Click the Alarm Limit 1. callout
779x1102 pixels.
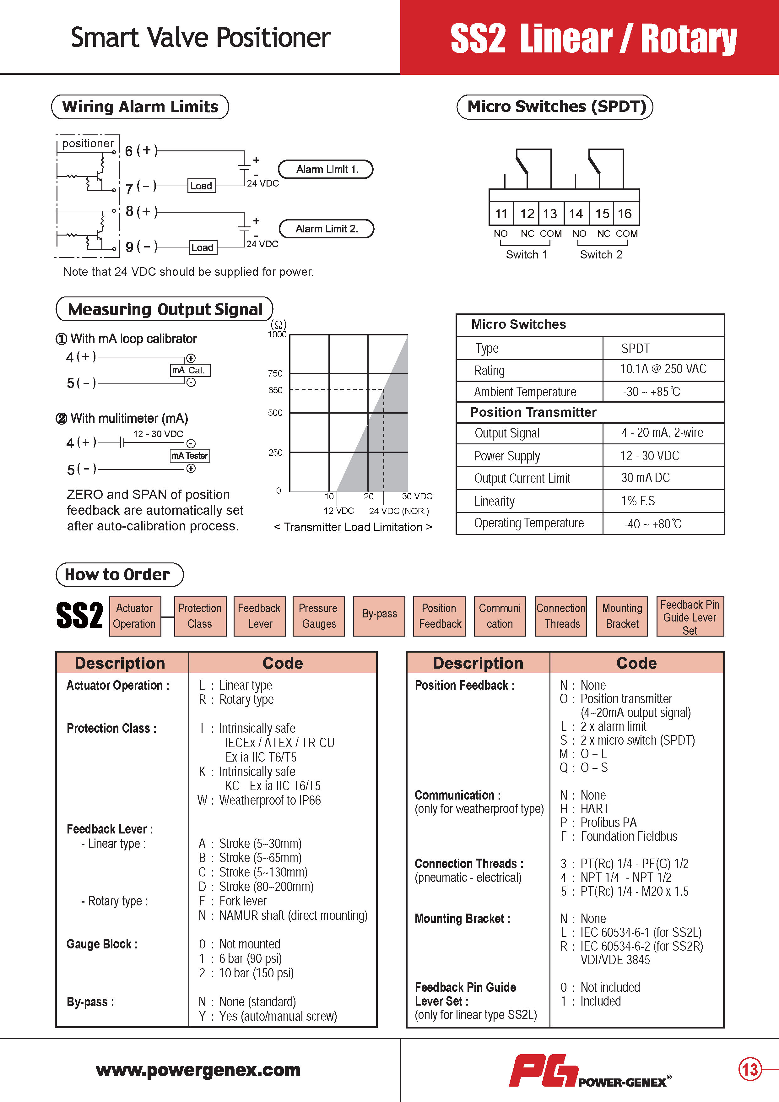(326, 169)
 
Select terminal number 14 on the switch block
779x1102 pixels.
(576, 214)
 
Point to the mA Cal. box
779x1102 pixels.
(190, 370)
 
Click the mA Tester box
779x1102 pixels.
(190, 455)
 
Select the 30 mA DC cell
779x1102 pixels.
(646, 478)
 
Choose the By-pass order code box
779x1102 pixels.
(379, 616)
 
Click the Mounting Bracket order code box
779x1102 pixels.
(622, 616)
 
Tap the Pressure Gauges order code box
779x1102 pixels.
(318, 616)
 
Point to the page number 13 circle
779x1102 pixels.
(750, 1069)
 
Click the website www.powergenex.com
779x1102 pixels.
(198, 1070)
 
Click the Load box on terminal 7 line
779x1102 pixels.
(201, 186)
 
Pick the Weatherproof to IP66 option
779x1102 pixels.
(270, 800)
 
